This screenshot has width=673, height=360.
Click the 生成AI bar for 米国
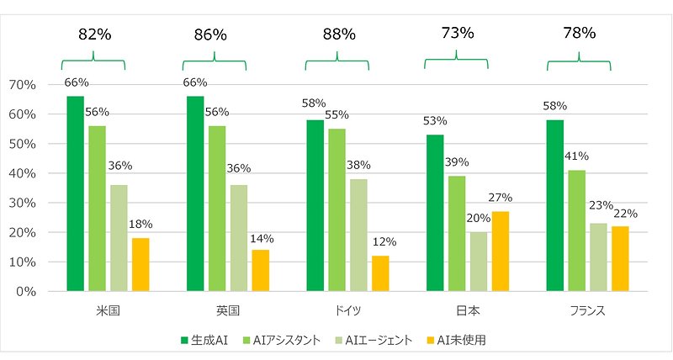[x=76, y=193]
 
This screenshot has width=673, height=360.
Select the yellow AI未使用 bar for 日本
[x=500, y=251]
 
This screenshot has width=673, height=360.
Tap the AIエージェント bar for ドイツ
[x=358, y=235]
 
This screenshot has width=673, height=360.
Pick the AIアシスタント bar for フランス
[x=576, y=230]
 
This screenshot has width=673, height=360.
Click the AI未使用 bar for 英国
[x=261, y=270]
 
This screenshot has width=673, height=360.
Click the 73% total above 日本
[x=457, y=33]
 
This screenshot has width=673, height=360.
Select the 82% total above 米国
[x=93, y=34]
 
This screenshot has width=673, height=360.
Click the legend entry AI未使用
[x=462, y=340]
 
